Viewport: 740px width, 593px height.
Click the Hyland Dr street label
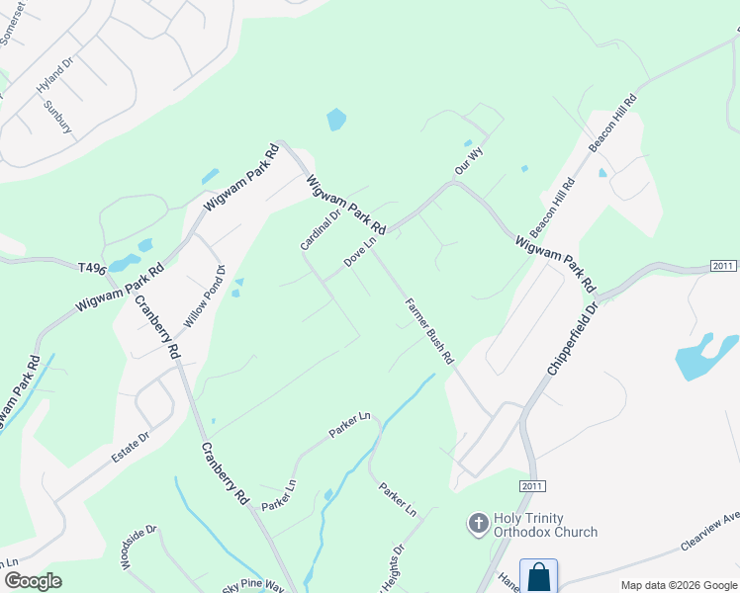click(55, 78)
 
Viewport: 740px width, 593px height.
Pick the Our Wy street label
click(468, 161)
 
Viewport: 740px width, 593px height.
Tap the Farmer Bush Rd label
click(428, 329)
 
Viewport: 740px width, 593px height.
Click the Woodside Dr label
click(140, 548)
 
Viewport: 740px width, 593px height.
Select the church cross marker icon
click(478, 524)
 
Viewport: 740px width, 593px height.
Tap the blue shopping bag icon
click(538, 576)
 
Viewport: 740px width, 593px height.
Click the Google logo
click(34, 581)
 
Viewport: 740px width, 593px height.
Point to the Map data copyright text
click(678, 585)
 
